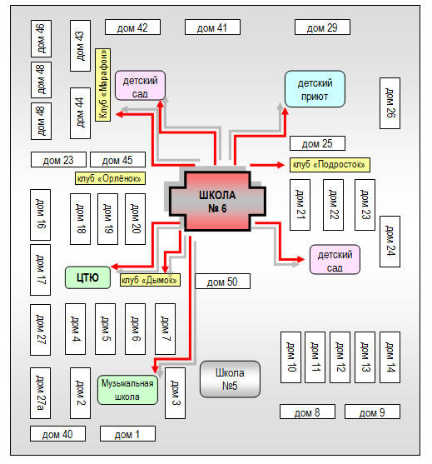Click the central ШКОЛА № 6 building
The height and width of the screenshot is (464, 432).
click(x=217, y=202)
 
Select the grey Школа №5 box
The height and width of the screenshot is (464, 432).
click(x=230, y=379)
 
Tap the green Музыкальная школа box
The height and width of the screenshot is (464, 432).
click(x=127, y=390)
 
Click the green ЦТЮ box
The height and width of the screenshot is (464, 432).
click(x=87, y=277)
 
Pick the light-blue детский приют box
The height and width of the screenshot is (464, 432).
click(x=315, y=89)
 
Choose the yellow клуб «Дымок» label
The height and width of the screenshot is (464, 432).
click(x=150, y=280)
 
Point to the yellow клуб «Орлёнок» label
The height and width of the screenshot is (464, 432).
click(x=110, y=178)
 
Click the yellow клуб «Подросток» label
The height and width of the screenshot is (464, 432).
click(x=330, y=165)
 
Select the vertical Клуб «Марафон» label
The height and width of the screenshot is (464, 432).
click(x=103, y=85)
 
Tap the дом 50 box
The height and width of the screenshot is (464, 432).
click(x=222, y=282)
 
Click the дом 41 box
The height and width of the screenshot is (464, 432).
click(x=212, y=27)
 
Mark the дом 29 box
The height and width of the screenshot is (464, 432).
click(x=322, y=27)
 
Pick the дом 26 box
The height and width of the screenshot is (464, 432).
click(x=390, y=103)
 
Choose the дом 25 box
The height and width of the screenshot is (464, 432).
click(x=317, y=143)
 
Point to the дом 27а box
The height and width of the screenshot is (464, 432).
click(x=40, y=393)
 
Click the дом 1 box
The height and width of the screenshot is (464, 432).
click(x=127, y=434)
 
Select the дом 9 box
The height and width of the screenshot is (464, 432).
click(x=372, y=412)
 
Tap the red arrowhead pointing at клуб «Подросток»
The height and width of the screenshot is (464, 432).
click(x=281, y=165)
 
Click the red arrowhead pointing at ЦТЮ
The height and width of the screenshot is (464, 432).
click(x=114, y=266)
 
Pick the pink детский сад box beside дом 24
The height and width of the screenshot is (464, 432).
click(x=335, y=260)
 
